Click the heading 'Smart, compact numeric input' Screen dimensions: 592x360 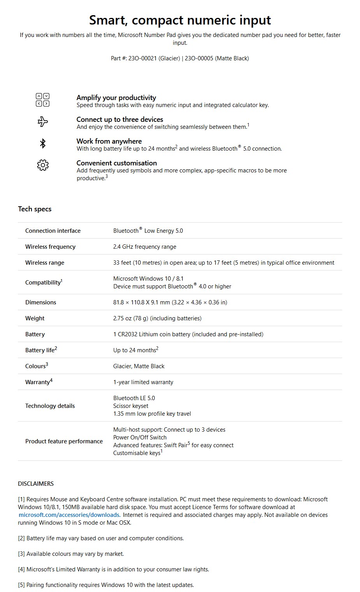pos(180,20)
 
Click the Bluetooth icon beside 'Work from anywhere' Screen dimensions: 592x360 pos(43,144)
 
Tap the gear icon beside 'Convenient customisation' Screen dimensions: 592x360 pos(43,165)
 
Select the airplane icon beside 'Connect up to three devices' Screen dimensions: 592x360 pos(43,122)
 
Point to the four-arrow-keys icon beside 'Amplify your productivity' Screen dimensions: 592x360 pos(42,100)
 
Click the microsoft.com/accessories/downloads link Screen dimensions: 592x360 pos(69,515)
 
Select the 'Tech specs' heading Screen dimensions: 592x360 pos(35,209)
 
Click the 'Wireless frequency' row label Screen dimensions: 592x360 pos(50,247)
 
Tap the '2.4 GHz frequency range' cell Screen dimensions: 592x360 pos(144,247)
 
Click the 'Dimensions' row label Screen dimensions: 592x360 pos(40,302)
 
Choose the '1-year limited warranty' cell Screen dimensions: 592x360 pos(143,382)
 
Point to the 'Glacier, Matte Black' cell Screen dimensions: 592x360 pos(139,366)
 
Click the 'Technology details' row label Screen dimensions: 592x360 pos(50,406)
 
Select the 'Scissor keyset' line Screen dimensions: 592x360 pos(131,406)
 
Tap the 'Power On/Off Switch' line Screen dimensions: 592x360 pos(140,437)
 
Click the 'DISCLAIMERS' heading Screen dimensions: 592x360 pos(36,484)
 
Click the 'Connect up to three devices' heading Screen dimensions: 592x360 pos(120,119)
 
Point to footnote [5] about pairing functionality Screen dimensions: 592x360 pos(106,585)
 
